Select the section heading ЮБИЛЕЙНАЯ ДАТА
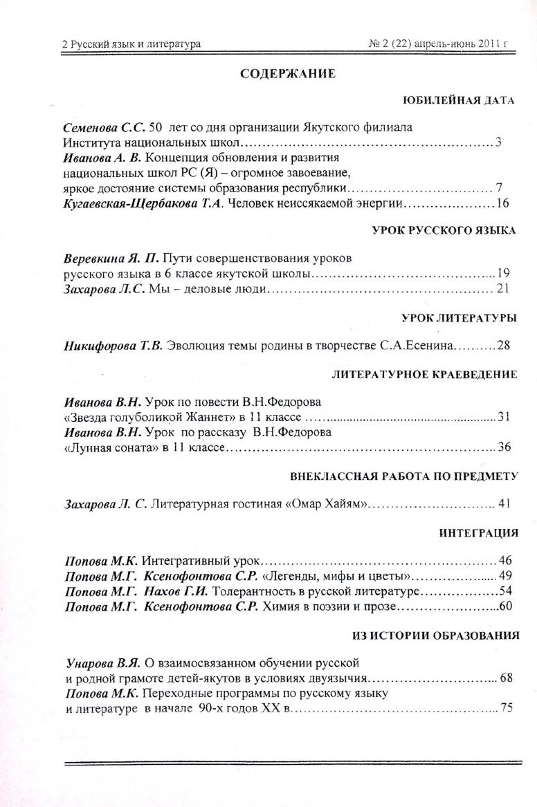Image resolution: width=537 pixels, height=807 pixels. click(459, 100)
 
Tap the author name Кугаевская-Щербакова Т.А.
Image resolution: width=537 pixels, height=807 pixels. click(143, 203)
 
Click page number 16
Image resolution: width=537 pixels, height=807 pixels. click(503, 203)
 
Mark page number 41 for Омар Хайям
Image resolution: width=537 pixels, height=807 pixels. click(504, 503)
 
